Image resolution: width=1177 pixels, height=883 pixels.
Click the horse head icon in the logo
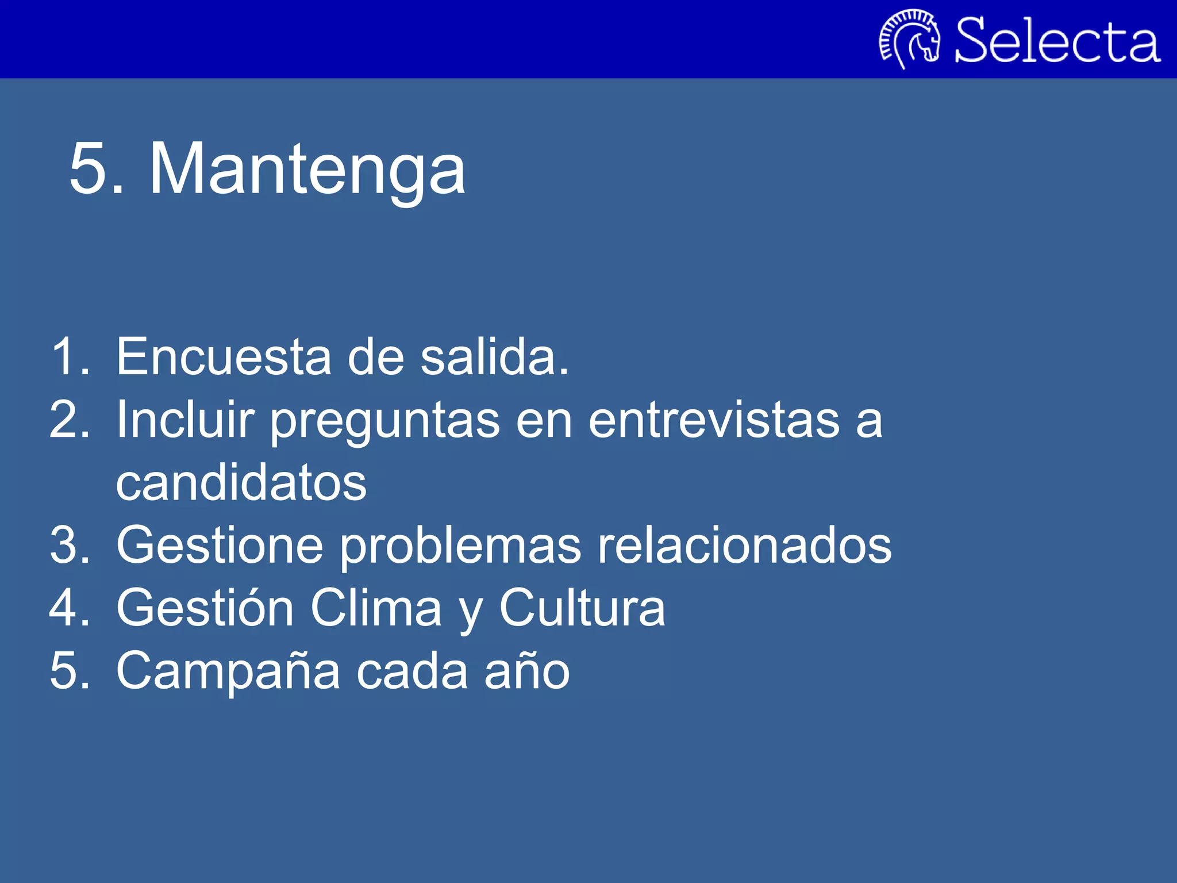point(910,39)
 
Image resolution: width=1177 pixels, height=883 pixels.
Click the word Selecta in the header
point(1057,40)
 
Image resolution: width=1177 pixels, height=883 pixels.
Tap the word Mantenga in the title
point(307,170)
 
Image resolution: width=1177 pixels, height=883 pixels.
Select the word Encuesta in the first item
point(224,357)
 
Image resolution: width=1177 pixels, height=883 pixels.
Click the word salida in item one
point(494,357)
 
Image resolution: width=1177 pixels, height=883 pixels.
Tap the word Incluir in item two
point(185,420)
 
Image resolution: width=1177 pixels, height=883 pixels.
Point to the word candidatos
point(241,483)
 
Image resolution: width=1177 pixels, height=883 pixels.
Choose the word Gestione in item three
point(220,546)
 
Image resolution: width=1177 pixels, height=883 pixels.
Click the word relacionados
point(744,546)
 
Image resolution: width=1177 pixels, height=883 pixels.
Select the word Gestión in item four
point(205,608)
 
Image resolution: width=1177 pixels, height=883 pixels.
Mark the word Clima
point(376,608)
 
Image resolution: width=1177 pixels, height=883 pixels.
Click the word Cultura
point(582,608)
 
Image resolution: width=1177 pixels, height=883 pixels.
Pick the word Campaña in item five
point(228,671)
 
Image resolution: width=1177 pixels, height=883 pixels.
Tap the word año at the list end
point(526,672)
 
